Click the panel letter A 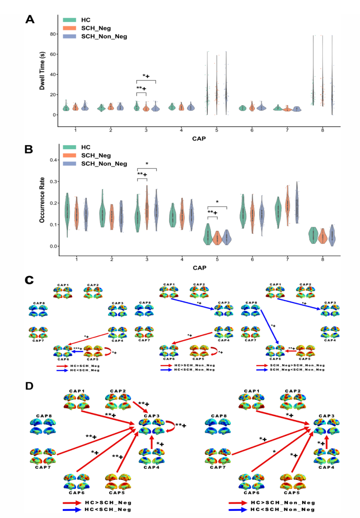pos(30,19)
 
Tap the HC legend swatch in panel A pos(69,20)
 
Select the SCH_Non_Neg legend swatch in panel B pos(69,164)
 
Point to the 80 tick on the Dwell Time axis pos(52,34)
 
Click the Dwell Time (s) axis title pos(42,71)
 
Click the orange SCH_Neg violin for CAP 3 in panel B pos(147,208)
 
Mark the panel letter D pos(29,386)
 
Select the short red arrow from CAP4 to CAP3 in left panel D pos(152,441)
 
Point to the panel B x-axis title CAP pos(198,268)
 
